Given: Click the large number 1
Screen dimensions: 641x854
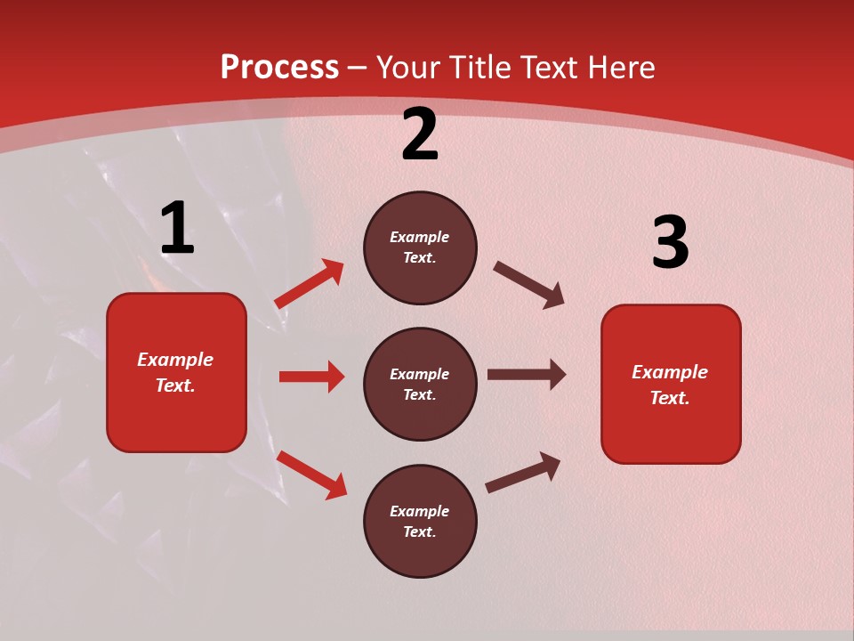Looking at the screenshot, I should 177,229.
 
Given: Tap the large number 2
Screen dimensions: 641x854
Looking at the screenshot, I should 420,135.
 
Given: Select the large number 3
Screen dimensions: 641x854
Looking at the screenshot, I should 670,243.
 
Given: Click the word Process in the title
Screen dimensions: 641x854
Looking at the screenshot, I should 279,67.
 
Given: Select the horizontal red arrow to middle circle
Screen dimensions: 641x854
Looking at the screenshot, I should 311,377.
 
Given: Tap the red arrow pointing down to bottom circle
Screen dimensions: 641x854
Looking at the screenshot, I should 312,475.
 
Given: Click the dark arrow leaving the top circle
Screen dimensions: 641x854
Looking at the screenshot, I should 529,284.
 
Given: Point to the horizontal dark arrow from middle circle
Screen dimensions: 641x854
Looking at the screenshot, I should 527,375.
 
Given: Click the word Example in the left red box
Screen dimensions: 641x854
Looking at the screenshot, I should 175,360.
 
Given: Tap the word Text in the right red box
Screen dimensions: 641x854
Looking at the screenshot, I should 669,398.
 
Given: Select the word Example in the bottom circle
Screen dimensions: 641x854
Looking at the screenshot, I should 420,511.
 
